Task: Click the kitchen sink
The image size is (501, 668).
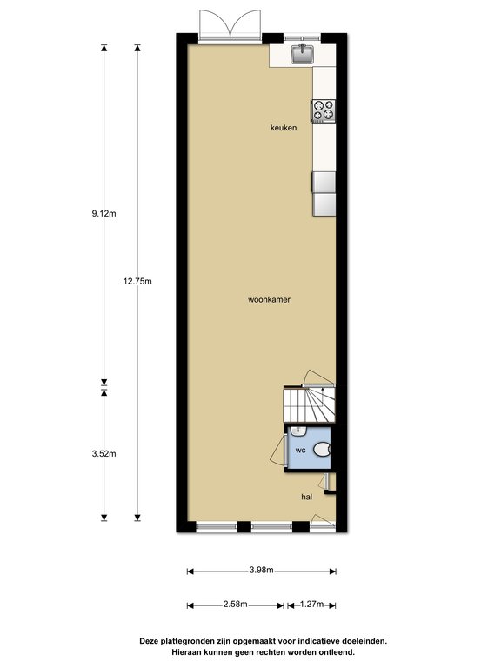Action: (303, 54)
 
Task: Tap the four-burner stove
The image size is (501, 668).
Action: (324, 110)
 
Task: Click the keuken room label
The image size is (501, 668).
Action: (284, 128)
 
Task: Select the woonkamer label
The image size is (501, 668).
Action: (270, 299)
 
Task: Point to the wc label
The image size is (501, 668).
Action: (301, 450)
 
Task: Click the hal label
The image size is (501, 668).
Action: (307, 497)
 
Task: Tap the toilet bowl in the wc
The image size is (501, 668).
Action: (322, 450)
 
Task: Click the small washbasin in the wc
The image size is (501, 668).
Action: (298, 431)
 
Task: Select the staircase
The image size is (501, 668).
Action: (310, 404)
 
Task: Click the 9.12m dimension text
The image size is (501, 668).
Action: (104, 214)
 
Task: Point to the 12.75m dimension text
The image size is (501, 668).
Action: (137, 281)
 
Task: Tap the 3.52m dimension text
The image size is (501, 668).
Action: (104, 454)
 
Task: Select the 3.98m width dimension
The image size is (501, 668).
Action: (262, 570)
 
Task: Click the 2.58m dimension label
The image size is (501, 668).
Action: (235, 605)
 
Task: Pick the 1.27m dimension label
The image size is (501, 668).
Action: (312, 605)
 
